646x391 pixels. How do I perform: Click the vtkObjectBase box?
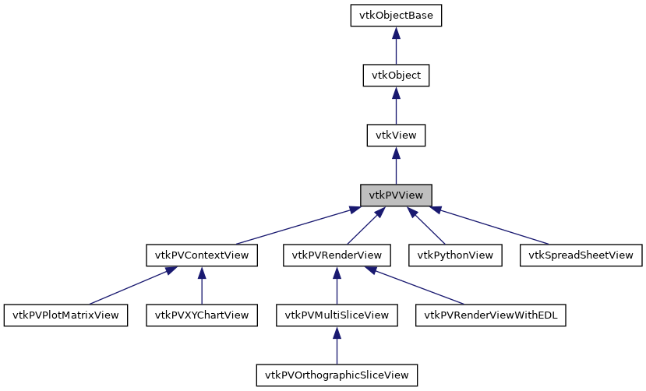pos(396,16)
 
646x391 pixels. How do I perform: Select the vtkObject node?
pos(396,76)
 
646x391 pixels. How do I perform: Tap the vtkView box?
pos(396,135)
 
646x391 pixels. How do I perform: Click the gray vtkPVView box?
pos(396,195)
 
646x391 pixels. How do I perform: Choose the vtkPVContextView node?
pos(201,255)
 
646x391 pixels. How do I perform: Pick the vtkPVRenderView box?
pos(337,255)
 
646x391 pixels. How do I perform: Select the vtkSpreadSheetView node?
pos(581,255)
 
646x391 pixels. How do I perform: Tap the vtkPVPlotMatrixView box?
pos(66,315)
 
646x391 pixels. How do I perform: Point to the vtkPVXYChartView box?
pos(202,315)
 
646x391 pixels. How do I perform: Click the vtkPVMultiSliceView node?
pos(337,315)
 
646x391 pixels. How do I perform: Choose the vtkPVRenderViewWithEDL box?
pos(491,315)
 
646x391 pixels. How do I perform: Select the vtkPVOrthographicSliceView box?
pos(337,375)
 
